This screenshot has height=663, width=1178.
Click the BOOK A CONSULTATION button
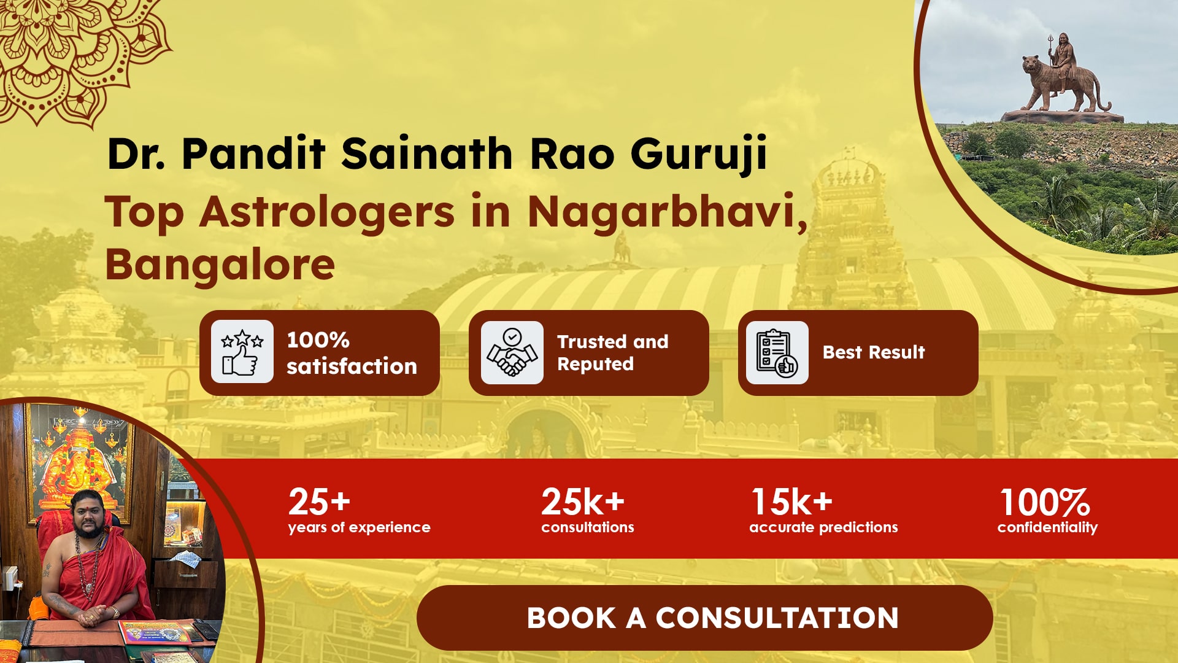(704, 618)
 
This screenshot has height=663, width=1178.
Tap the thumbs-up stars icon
(242, 352)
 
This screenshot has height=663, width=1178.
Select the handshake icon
(512, 352)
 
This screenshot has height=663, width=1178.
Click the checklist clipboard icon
(777, 352)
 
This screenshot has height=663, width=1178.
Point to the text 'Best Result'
(873, 352)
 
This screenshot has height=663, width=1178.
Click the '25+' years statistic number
(319, 502)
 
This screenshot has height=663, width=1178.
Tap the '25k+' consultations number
(583, 502)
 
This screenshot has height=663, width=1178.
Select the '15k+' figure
(792, 502)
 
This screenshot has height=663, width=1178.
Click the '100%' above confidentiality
(1045, 502)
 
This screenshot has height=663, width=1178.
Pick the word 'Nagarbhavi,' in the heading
(668, 212)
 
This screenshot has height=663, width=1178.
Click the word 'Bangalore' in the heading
(220, 265)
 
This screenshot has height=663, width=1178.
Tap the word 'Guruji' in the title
(699, 153)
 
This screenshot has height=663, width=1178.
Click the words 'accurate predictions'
(823, 527)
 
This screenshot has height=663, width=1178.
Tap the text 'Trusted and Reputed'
(612, 352)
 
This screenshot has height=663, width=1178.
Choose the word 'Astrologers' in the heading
(328, 212)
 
